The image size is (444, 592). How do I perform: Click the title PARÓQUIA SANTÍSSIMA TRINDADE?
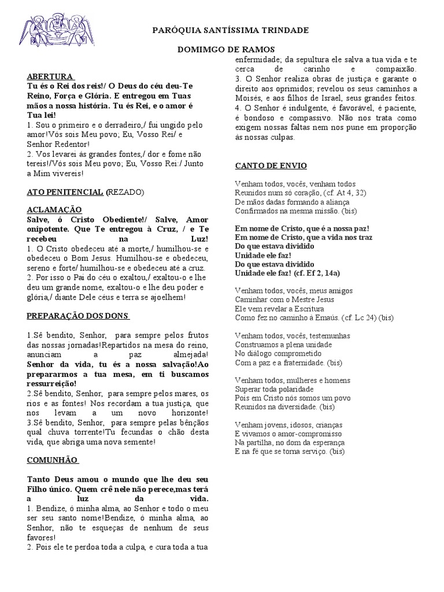click(x=230, y=30)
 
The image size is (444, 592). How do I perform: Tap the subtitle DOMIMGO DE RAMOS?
click(x=225, y=49)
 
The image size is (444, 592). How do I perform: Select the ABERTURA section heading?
click(x=50, y=76)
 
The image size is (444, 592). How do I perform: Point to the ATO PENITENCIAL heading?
click(x=65, y=191)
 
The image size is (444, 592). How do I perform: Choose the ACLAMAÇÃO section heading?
click(x=54, y=209)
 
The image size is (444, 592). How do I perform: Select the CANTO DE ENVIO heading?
click(x=267, y=166)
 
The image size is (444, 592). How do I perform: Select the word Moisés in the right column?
click(x=248, y=98)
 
